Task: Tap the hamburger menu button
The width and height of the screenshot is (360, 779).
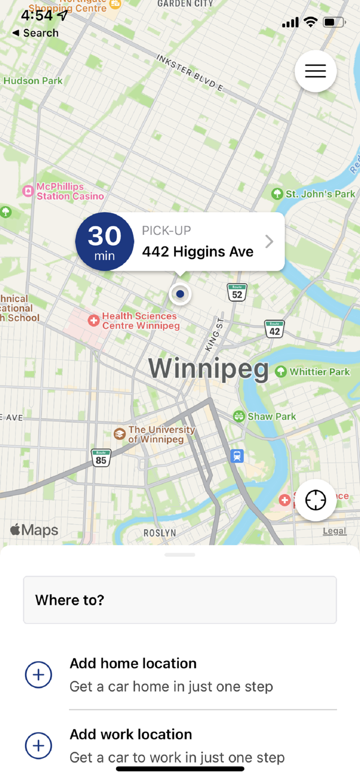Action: pyautogui.click(x=315, y=71)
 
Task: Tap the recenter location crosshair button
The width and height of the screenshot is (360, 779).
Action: pyautogui.click(x=315, y=500)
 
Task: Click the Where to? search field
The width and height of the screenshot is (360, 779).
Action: pyautogui.click(x=180, y=600)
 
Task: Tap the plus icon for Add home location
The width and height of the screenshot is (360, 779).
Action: pyautogui.click(x=38, y=675)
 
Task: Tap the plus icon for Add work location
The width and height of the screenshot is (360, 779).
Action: pyautogui.click(x=38, y=746)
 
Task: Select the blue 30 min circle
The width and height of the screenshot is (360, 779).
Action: pyautogui.click(x=105, y=241)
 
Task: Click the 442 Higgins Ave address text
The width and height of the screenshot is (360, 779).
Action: pyautogui.click(x=198, y=252)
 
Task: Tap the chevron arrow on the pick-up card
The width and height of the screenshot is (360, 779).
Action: pyautogui.click(x=269, y=241)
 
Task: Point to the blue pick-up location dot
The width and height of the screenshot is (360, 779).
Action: pyautogui.click(x=180, y=294)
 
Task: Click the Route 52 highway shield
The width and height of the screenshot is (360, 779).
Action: pyautogui.click(x=237, y=292)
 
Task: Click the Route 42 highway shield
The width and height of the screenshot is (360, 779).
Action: pyautogui.click(x=274, y=329)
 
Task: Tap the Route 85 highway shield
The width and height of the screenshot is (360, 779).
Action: pyautogui.click(x=101, y=458)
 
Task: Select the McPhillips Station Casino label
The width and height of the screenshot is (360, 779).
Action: pyautogui.click(x=70, y=192)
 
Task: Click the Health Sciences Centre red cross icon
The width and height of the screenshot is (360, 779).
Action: pyautogui.click(x=94, y=320)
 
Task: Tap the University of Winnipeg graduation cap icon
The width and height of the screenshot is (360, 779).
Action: pyautogui.click(x=120, y=434)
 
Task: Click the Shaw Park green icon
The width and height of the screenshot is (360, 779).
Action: pyautogui.click(x=239, y=416)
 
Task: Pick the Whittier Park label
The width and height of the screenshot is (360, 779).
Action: pyautogui.click(x=319, y=372)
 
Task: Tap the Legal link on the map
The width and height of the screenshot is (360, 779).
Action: pyautogui.click(x=334, y=531)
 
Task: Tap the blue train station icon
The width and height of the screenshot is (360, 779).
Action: pyautogui.click(x=237, y=456)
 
